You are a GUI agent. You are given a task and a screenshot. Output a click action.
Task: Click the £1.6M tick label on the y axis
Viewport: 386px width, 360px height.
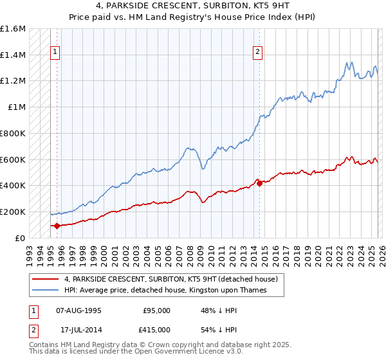pos(13,29)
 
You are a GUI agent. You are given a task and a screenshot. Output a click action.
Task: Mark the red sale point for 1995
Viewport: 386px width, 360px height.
pos(57,226)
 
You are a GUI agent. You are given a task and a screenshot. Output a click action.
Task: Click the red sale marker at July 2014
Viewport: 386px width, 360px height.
pos(259,183)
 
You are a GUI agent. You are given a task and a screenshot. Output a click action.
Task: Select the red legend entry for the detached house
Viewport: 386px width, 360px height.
pos(170,279)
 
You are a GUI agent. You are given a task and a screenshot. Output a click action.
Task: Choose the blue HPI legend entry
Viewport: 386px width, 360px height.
pos(174,291)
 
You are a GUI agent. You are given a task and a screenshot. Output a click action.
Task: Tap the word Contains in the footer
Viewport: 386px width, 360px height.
pos(45,345)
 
